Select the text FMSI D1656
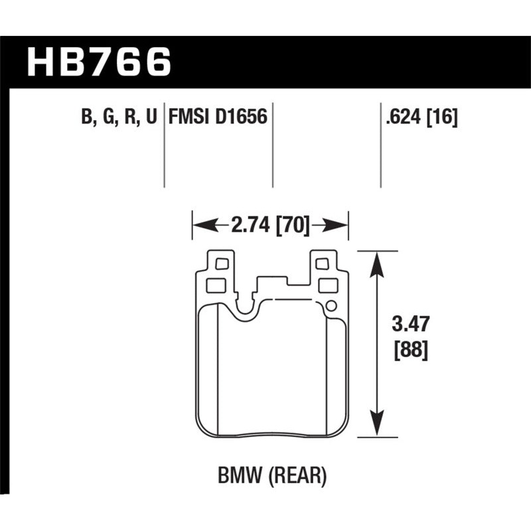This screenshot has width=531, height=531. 218,117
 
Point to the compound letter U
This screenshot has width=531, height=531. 151,117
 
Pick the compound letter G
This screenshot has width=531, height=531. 107,117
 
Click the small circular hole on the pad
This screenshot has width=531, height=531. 331,306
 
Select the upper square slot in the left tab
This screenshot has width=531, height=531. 222,264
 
